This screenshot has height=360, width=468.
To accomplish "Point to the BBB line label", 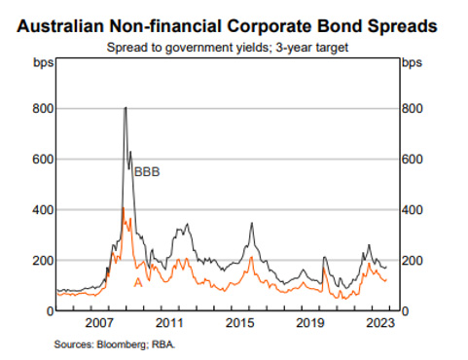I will [x=147, y=172].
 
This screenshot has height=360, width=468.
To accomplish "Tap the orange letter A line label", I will [x=137, y=282].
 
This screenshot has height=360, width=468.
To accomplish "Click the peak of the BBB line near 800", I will [x=125, y=108].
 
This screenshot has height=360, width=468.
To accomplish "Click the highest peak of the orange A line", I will [x=123, y=207].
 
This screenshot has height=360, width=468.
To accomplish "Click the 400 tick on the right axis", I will [x=414, y=210].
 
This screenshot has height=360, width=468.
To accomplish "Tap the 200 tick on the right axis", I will [x=414, y=261].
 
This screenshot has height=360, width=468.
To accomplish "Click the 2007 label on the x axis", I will [x=103, y=322].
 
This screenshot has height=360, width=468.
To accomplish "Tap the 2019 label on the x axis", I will [x=310, y=322].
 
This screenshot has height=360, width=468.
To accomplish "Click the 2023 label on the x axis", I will [x=379, y=322].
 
